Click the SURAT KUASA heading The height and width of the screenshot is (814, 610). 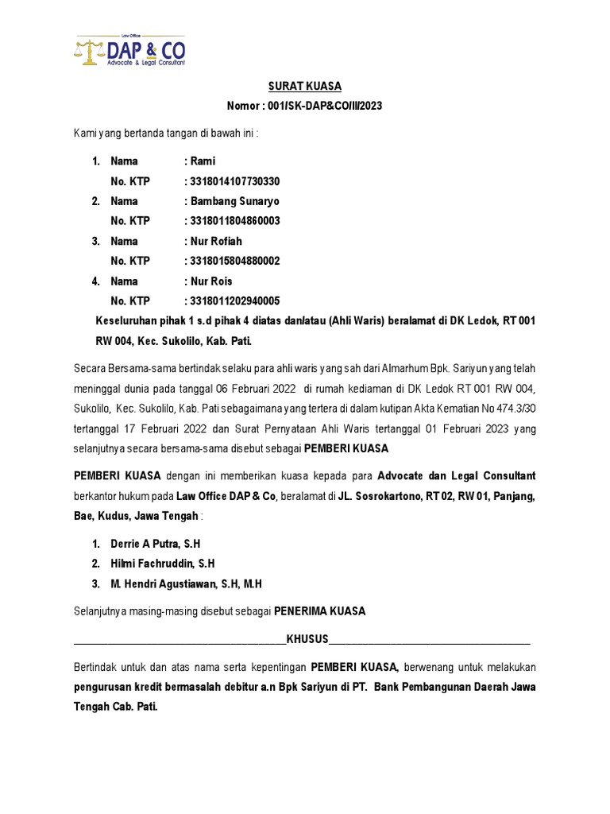[305, 87]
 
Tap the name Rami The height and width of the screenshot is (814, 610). [203, 161]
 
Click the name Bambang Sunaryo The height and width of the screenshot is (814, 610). [234, 201]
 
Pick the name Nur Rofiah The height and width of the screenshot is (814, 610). [216, 241]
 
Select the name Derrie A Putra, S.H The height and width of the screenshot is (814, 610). [155, 544]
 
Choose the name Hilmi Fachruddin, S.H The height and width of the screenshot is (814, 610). [163, 564]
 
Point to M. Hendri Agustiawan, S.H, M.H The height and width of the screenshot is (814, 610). [186, 583]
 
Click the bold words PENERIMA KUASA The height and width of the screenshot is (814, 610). [319, 611]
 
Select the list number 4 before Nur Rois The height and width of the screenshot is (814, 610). [95, 281]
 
